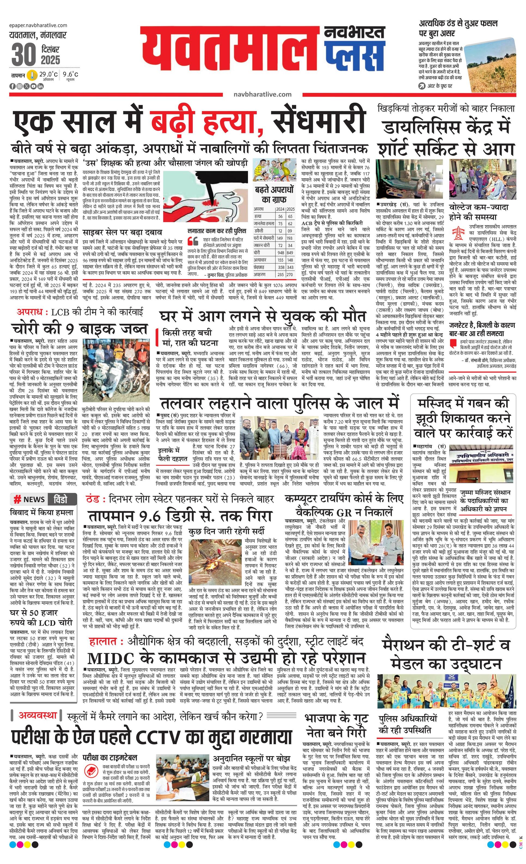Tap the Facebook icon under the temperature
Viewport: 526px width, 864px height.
(x=12, y=86)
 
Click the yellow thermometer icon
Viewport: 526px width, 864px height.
(x=33, y=75)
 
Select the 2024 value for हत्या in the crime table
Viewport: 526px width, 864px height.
(x=280, y=217)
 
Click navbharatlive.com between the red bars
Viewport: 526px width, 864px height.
(x=262, y=94)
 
